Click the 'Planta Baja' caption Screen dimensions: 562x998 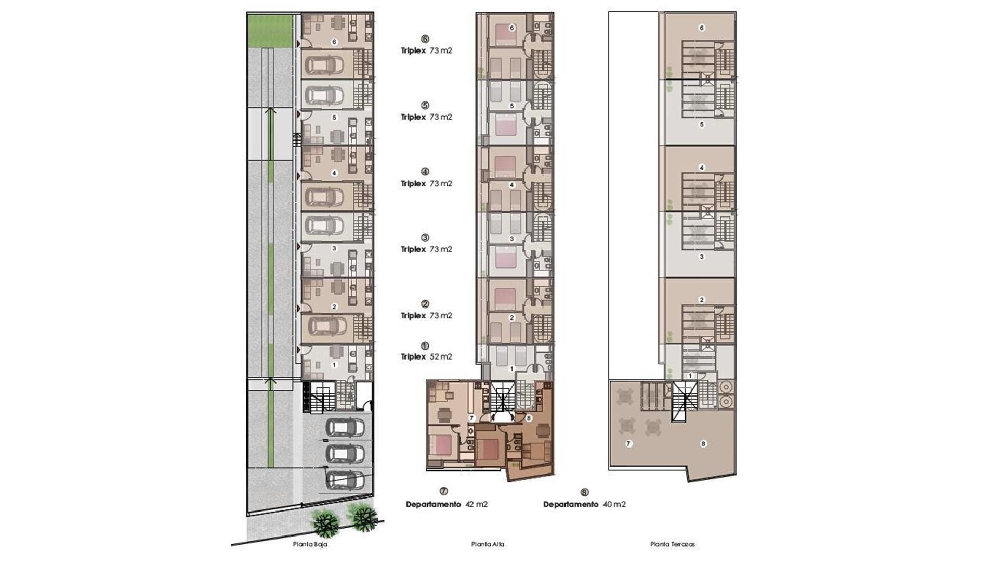310,544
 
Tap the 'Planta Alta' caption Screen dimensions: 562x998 487,544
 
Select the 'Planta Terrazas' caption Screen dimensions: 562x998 672,544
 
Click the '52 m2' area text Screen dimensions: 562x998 440,357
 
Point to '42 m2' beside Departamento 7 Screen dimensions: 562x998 476,504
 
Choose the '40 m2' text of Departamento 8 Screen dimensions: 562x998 614,504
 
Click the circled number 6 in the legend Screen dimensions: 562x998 425,39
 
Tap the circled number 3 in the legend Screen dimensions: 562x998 425,238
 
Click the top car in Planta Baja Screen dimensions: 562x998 324,65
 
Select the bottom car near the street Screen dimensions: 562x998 345,480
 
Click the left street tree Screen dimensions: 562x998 325,523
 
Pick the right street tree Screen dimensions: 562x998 363,517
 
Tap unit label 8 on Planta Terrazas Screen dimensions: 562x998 703,444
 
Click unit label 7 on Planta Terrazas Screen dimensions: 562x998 628,444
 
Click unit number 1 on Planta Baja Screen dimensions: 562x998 334,365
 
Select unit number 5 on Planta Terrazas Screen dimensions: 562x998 701,125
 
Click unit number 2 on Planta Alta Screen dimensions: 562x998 511,317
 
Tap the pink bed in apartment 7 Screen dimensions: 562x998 442,445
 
